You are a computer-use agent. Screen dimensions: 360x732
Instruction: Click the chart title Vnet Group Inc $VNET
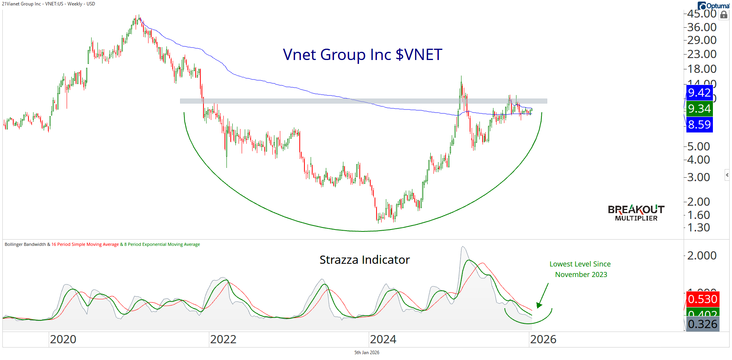point(362,55)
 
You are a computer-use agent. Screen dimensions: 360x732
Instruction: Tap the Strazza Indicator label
point(364,260)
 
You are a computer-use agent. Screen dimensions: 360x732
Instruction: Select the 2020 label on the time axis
point(63,339)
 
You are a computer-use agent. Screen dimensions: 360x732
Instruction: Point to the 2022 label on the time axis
point(223,339)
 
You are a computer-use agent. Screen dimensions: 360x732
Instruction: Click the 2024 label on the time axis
point(383,339)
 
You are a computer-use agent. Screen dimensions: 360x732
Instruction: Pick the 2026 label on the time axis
point(543,339)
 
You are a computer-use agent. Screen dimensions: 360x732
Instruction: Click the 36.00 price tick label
point(702,27)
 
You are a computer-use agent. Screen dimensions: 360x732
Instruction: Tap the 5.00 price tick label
point(698,146)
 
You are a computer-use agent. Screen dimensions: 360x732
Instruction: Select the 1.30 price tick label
point(698,228)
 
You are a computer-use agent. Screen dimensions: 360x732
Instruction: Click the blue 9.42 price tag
point(699,93)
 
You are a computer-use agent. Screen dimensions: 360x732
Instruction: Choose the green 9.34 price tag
point(699,109)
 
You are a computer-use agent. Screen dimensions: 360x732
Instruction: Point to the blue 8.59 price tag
point(699,125)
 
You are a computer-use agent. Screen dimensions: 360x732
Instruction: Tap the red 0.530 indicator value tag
point(702,299)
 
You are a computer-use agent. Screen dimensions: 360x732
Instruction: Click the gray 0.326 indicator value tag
point(702,324)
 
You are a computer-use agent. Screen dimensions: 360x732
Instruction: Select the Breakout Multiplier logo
point(636,213)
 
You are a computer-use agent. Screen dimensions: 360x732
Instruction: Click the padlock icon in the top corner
point(724,15)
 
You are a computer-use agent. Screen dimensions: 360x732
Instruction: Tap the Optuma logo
point(714,5)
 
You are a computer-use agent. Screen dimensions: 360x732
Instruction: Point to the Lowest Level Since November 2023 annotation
point(580,269)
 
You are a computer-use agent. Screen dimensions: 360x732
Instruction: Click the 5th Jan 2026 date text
point(366,353)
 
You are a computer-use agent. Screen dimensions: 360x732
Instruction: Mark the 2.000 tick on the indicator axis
point(702,256)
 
